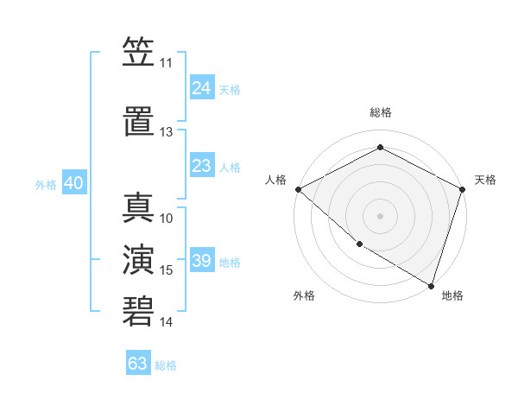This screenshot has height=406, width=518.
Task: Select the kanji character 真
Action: tap(138, 207)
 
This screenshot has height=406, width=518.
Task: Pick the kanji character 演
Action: tap(138, 260)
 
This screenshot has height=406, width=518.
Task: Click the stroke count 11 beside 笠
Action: tap(166, 63)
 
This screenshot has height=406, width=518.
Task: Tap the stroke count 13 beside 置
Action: tap(166, 132)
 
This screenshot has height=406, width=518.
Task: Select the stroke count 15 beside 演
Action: tap(167, 270)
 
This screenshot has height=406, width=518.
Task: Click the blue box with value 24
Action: tap(202, 88)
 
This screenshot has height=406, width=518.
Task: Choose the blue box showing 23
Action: tap(202, 167)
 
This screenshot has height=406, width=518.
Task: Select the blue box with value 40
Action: tap(73, 184)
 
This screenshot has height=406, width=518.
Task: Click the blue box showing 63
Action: tap(138, 364)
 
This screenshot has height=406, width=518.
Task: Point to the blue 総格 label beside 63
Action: tap(167, 365)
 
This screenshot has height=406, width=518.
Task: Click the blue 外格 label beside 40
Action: tap(46, 185)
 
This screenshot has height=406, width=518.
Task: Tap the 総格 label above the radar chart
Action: tap(380, 112)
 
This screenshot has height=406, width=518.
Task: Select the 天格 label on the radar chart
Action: tap(486, 180)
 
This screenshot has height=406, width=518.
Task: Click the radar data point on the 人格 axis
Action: tap(298, 189)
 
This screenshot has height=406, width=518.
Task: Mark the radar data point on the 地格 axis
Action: tap(431, 285)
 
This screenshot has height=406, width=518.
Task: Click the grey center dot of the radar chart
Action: tap(380, 215)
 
